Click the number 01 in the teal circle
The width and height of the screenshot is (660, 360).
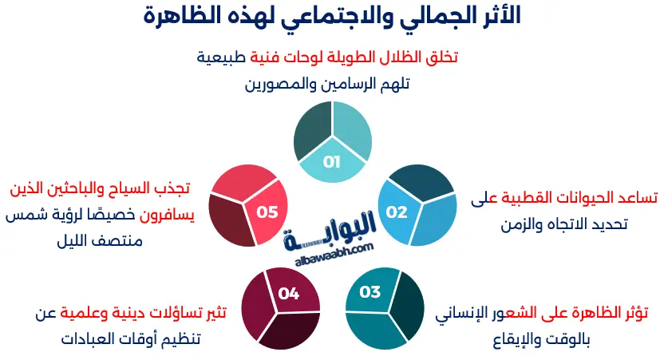click(332, 162)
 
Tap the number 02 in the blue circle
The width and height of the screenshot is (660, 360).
click(397, 212)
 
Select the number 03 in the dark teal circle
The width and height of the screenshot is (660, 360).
click(370, 292)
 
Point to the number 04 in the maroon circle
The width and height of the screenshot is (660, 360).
click(288, 294)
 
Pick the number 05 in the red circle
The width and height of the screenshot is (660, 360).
click(267, 212)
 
